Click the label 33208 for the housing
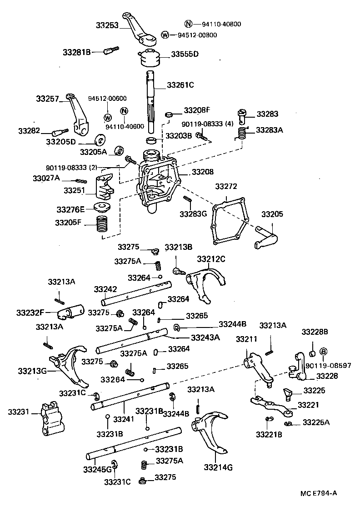[x=201, y=172]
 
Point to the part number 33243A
[x=205, y=337]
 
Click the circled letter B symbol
[x=324, y=352]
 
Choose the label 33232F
[x=30, y=313]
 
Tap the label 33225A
[x=316, y=422]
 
